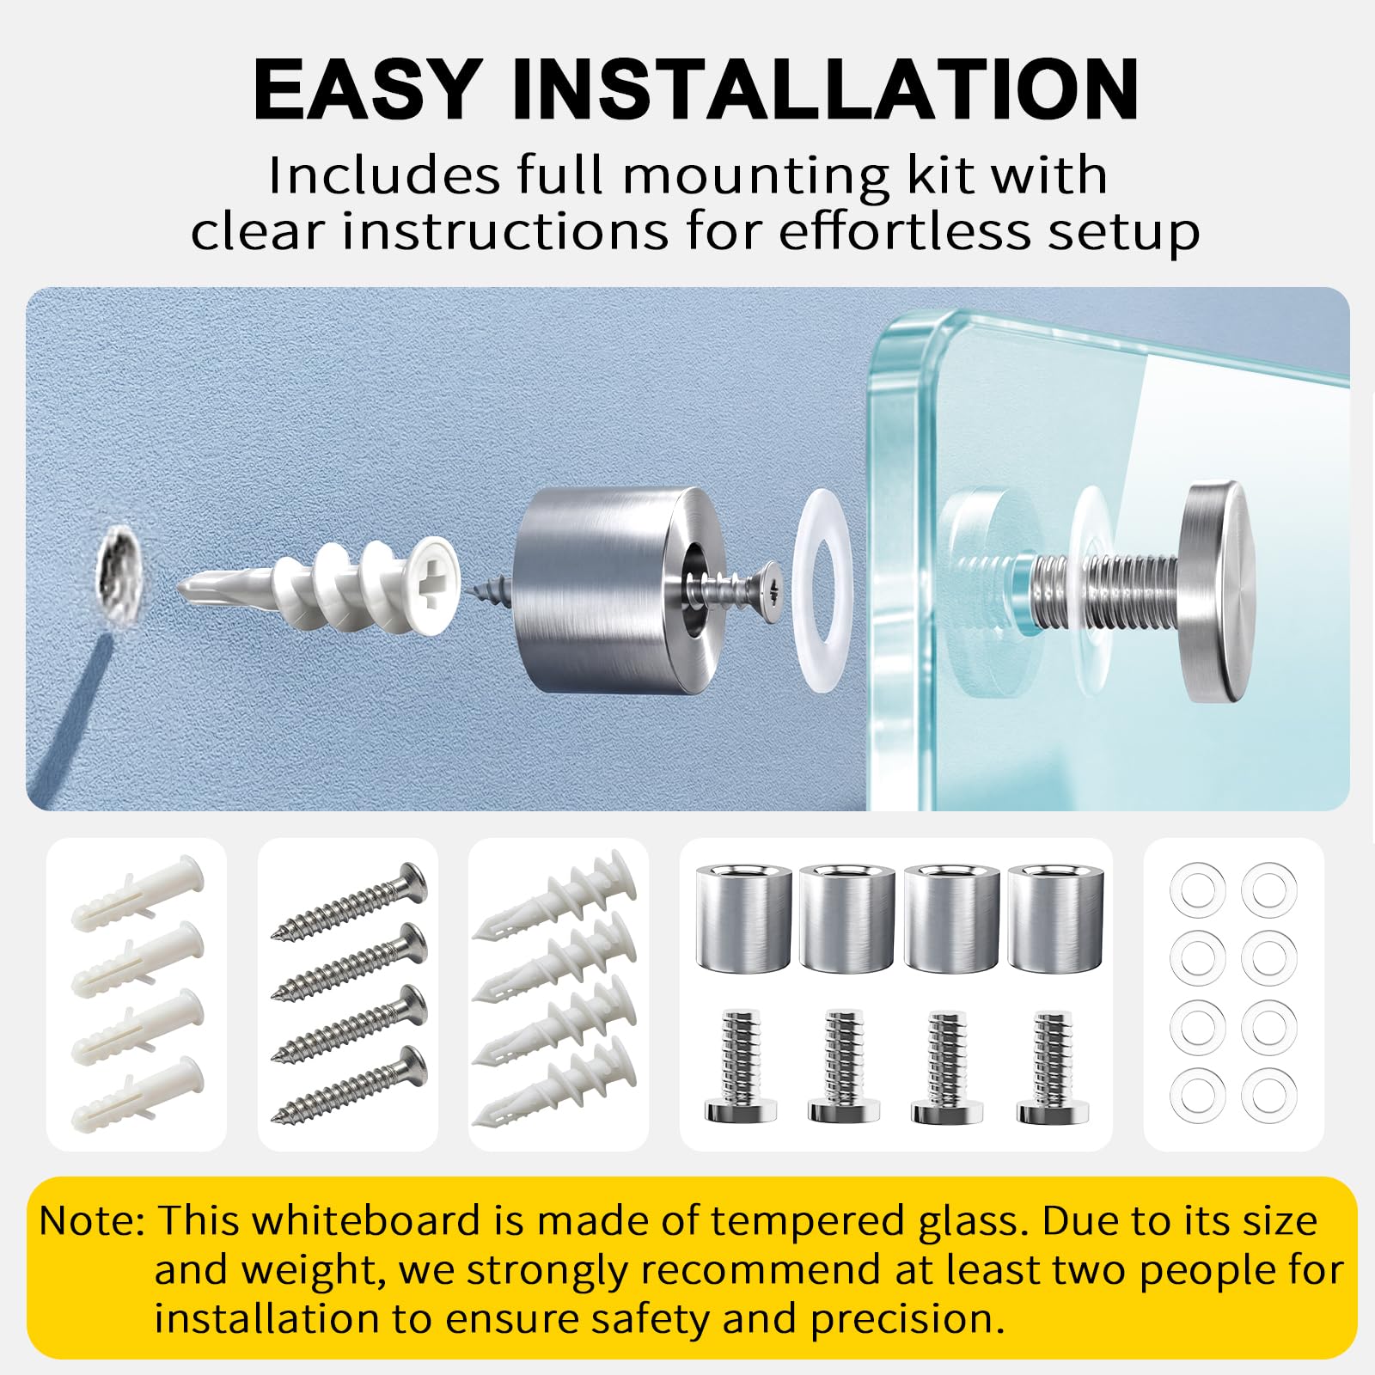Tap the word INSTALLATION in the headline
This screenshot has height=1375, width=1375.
[x=825, y=89]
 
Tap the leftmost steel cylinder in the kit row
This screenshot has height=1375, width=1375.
[x=743, y=920]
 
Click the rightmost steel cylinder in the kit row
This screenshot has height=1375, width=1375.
[x=1056, y=920]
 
